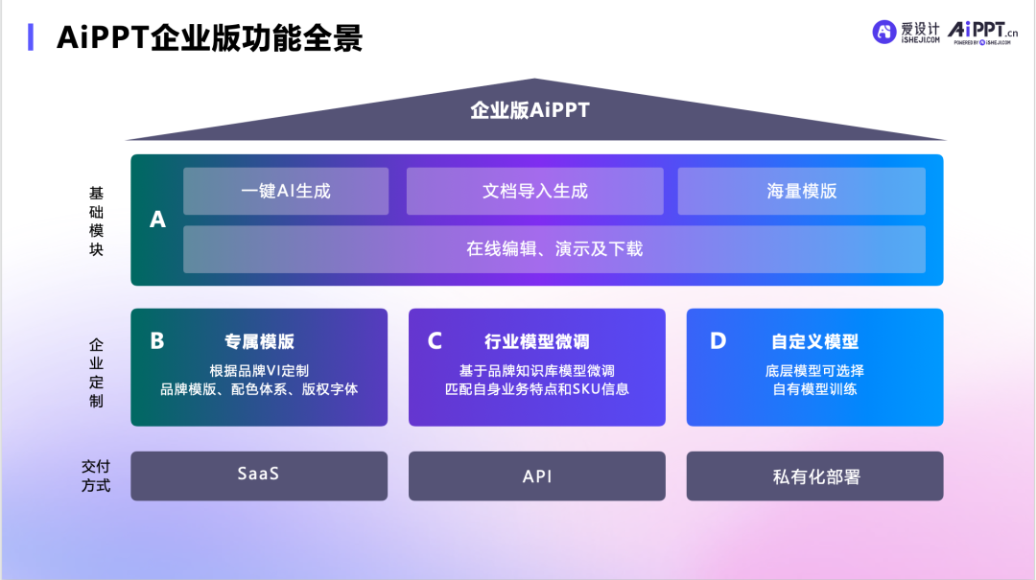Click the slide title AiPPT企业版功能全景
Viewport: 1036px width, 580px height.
[x=209, y=36]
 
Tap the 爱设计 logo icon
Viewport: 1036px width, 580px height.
[x=883, y=32]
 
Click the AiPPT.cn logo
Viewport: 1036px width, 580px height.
[x=983, y=32]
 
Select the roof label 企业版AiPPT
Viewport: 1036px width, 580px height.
[x=530, y=110]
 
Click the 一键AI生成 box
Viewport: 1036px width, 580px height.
[x=286, y=191]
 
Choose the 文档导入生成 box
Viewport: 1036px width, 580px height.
[x=534, y=191]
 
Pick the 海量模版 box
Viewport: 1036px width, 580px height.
[x=801, y=191]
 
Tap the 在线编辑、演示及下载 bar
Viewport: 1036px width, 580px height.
[x=554, y=249]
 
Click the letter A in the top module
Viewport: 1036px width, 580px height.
[x=157, y=220]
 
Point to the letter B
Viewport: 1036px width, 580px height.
[x=157, y=340]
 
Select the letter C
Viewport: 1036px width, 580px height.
[x=435, y=340]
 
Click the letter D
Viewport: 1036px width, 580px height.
[x=718, y=340]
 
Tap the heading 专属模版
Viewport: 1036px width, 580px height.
[x=259, y=341]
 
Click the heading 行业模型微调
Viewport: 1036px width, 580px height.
[x=537, y=341]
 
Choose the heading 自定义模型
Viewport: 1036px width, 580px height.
[x=814, y=341]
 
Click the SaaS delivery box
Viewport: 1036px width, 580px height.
[x=259, y=476]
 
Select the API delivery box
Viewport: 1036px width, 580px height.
[x=537, y=476]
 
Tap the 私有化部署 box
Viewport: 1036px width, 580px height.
[x=814, y=476]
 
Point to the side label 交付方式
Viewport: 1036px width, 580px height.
[x=96, y=476]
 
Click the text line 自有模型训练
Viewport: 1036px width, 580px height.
[x=814, y=389]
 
